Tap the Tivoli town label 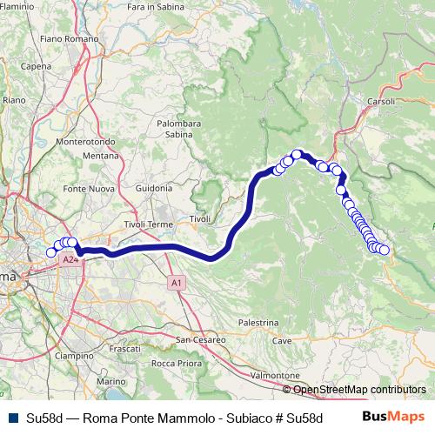point(200,219)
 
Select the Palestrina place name point(257,322)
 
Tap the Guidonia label point(154,188)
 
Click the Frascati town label point(126,348)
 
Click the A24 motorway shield point(70,259)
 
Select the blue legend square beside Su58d point(12,418)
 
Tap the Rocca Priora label point(175,363)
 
